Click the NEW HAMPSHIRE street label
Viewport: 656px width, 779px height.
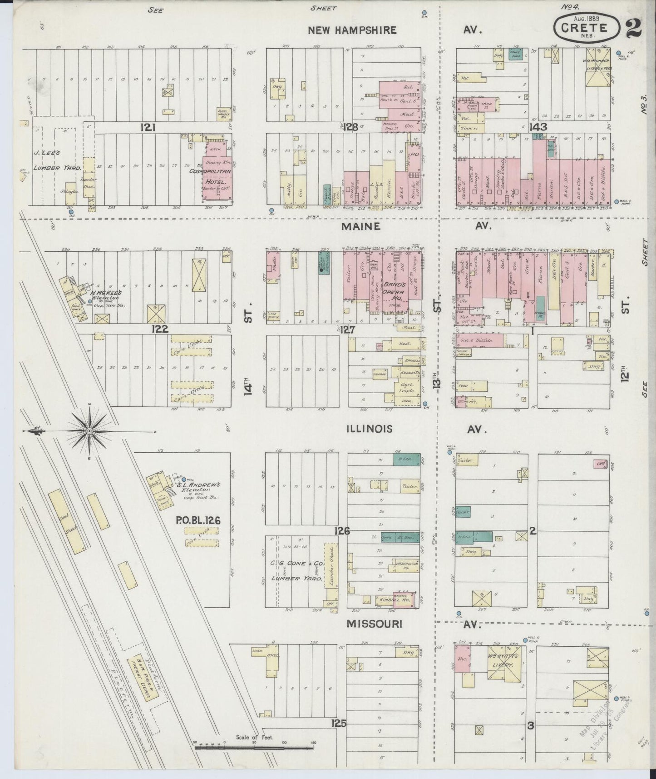point(352,30)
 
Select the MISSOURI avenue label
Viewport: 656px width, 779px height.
point(374,624)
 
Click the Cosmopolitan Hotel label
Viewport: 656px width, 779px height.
point(217,175)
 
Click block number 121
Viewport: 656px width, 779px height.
point(148,128)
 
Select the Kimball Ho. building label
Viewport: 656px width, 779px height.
point(389,600)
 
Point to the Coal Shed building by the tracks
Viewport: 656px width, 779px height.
point(66,521)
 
